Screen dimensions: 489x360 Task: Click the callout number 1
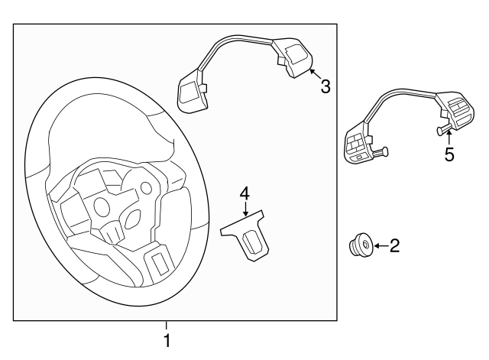tap(167, 340)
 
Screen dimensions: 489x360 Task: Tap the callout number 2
tap(394, 246)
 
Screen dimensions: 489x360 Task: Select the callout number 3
tap(325, 86)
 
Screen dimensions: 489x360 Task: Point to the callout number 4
tap(244, 193)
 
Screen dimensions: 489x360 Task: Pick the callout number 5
tap(449, 154)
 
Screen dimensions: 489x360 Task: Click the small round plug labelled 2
tap(360, 245)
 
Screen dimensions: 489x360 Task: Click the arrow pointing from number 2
tap(381, 246)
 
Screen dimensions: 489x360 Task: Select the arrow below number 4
tap(245, 209)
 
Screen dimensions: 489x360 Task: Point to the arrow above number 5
tap(449, 138)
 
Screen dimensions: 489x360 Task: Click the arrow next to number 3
tap(315, 73)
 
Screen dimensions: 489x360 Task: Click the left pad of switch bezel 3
tap(192, 93)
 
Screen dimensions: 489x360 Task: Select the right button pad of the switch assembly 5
tap(455, 112)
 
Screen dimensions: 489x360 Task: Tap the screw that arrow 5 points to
tap(443, 129)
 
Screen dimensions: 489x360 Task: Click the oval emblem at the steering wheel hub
tap(133, 218)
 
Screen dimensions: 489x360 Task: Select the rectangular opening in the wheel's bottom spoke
tap(160, 263)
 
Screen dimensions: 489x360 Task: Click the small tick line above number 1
tap(167, 326)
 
